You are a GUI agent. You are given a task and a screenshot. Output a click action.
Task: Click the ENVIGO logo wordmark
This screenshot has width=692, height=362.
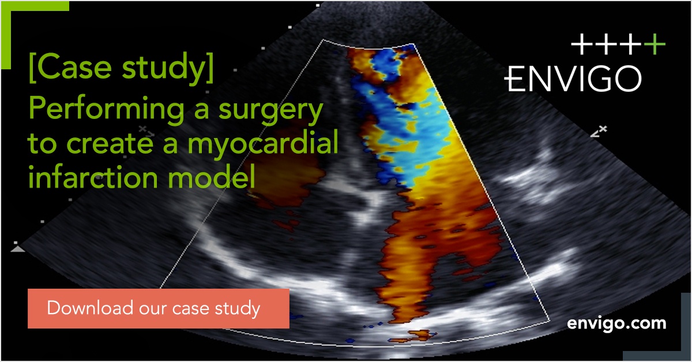[x=573, y=79]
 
